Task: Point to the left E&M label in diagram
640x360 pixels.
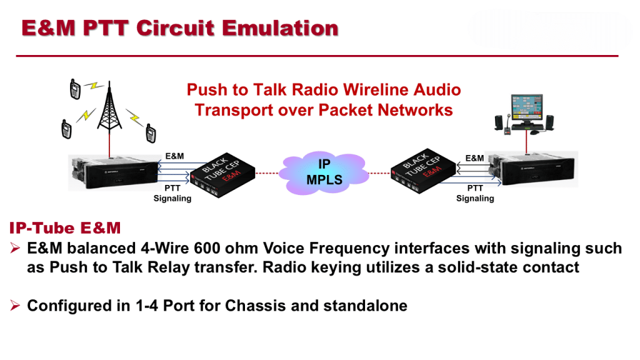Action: click(175, 156)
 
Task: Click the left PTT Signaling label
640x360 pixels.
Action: click(172, 193)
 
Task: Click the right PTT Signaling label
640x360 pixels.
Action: click(475, 193)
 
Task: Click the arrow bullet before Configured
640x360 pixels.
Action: click(16, 306)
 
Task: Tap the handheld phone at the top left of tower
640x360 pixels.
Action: click(75, 90)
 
